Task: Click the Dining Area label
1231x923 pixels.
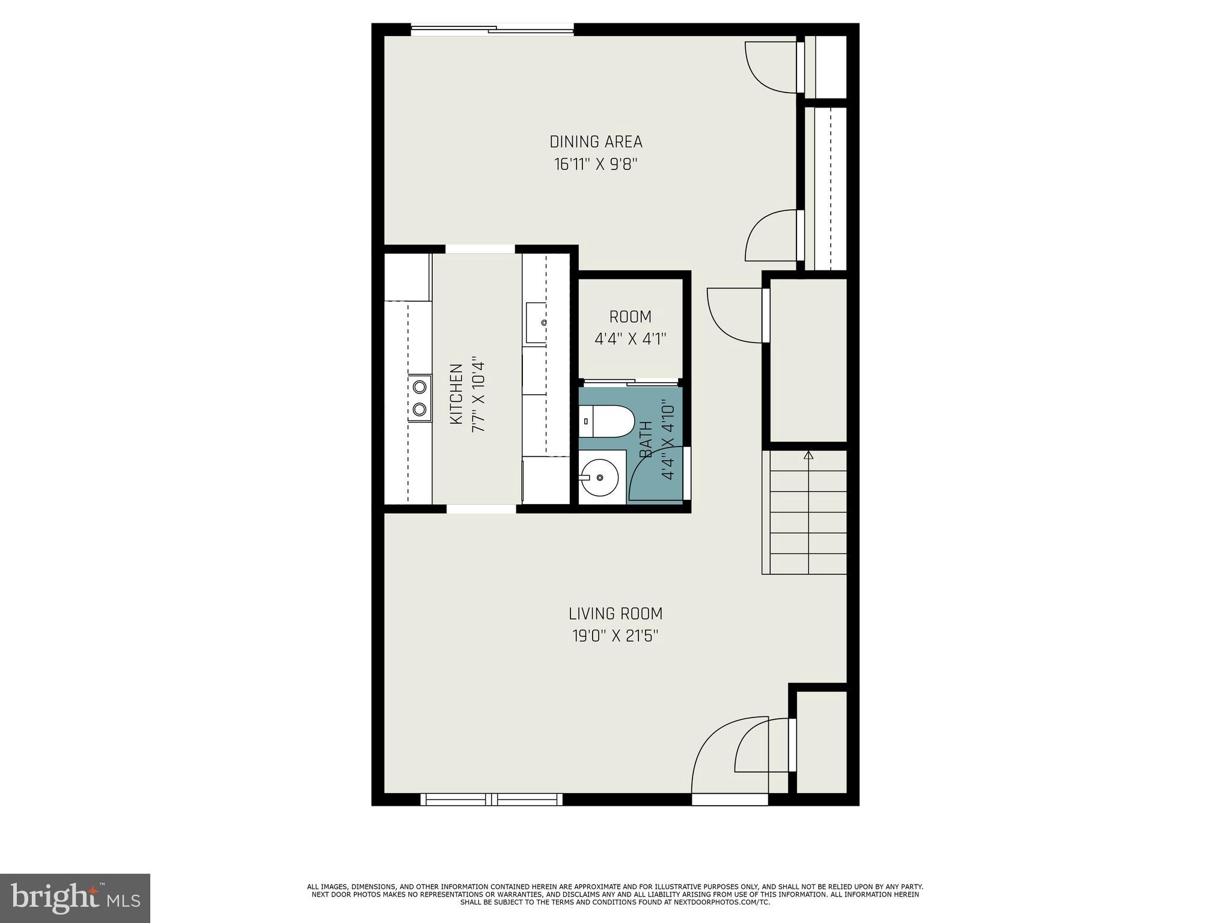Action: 596,142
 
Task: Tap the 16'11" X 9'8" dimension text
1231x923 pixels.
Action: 595,165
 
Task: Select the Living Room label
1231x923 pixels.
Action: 615,614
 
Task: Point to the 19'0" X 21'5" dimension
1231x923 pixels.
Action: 615,636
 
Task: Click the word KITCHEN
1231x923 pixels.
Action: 456,394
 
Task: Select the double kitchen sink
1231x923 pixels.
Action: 420,398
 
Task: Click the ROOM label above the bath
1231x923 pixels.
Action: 630,317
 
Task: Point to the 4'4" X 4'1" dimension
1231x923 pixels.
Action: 630,339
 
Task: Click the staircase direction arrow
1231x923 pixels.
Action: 808,456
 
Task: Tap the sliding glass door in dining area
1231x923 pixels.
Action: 492,29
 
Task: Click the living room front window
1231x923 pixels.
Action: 492,799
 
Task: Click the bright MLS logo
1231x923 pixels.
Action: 75,898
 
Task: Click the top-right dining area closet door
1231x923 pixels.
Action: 772,67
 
